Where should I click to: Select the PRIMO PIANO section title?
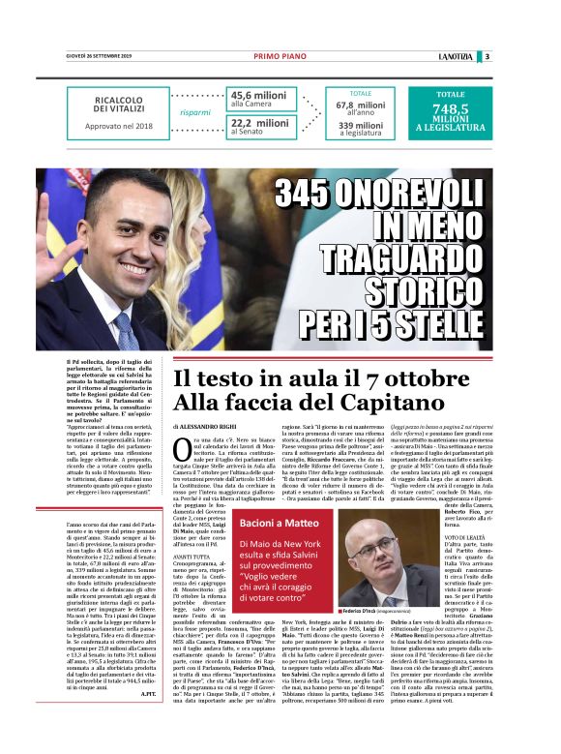(x=280, y=56)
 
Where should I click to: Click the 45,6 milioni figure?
(x=258, y=95)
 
